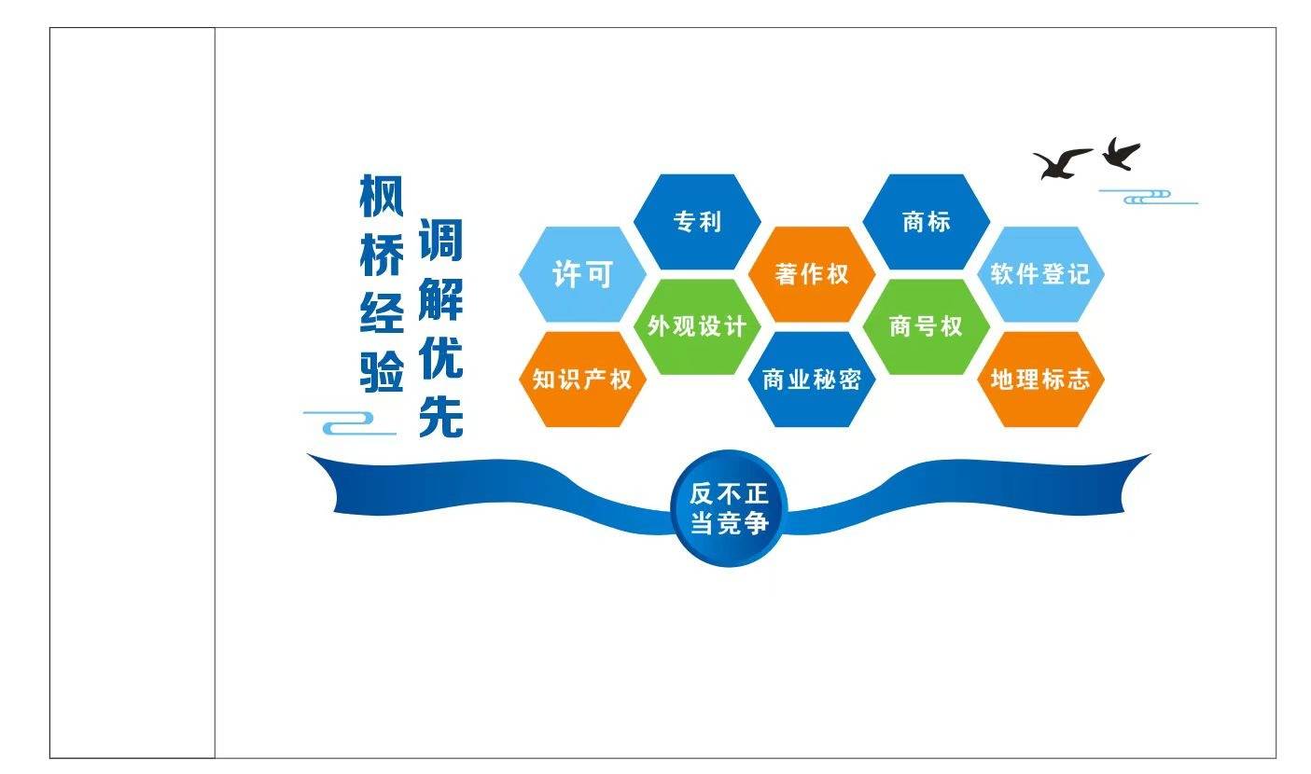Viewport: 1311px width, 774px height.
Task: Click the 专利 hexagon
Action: [x=697, y=222]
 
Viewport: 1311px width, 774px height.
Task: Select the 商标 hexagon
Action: [x=926, y=222]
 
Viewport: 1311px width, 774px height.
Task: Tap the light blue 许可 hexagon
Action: [x=582, y=274]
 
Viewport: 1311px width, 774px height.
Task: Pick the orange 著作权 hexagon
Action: [x=812, y=274]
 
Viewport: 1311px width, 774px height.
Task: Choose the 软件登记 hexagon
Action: [x=1040, y=274]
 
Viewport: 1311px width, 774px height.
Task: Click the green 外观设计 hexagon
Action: [x=697, y=326]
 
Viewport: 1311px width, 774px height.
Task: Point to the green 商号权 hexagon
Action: [x=926, y=326]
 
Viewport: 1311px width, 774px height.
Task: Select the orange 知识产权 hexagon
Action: [x=582, y=380]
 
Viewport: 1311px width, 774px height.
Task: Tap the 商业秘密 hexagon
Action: [x=812, y=380]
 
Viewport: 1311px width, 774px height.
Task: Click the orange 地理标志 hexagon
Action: [x=1040, y=380]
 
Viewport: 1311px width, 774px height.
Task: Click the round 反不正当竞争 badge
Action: [x=729, y=508]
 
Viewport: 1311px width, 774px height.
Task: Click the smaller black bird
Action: [x=1121, y=154]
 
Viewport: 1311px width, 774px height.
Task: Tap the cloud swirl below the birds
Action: [x=1149, y=197]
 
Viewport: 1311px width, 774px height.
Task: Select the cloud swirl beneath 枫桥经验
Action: [x=350, y=423]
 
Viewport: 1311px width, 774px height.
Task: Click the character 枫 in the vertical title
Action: [x=382, y=196]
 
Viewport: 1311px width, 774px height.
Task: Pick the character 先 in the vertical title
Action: [x=440, y=416]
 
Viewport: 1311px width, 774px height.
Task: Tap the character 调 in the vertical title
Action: [x=440, y=240]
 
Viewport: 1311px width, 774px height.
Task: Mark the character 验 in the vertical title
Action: [x=382, y=371]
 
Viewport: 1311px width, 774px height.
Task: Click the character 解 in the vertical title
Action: [x=440, y=298]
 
